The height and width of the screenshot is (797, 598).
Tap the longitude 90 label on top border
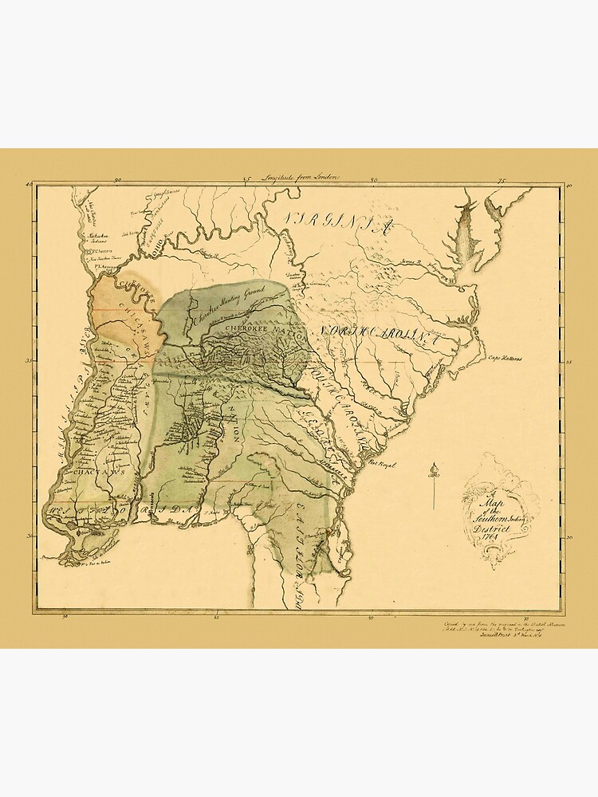118,181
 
